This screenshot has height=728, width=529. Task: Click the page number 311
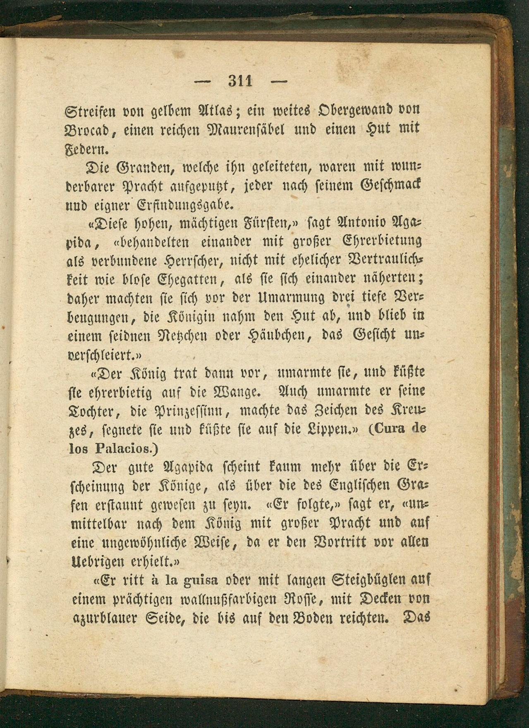240,81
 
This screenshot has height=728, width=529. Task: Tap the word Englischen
360,485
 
